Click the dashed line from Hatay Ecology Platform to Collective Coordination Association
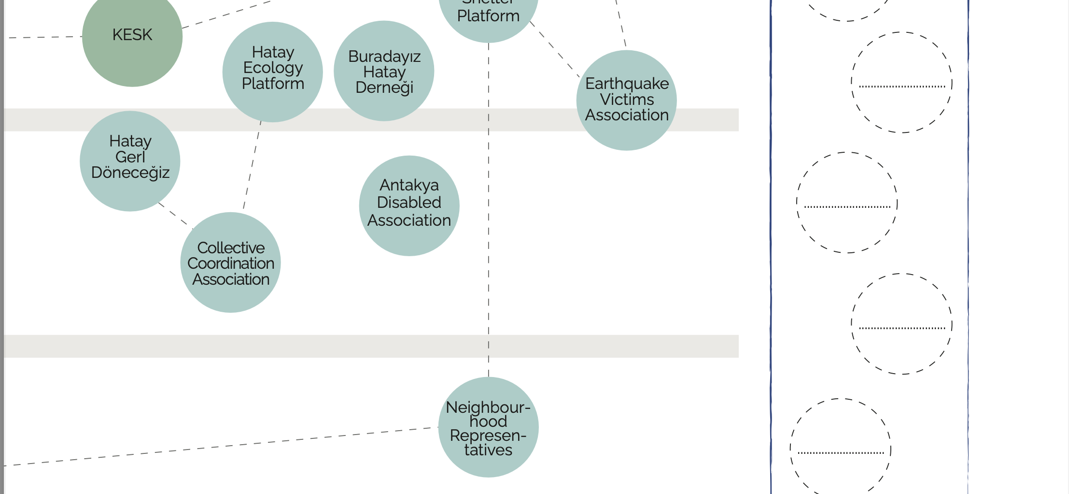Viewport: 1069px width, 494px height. (x=252, y=164)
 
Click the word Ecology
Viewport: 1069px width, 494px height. (x=273, y=68)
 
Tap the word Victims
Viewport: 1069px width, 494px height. (x=627, y=100)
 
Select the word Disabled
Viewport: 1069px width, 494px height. (x=409, y=203)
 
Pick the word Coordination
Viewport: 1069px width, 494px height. (x=231, y=263)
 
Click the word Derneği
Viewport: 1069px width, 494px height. (x=384, y=87)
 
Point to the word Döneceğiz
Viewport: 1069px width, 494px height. (x=130, y=173)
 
